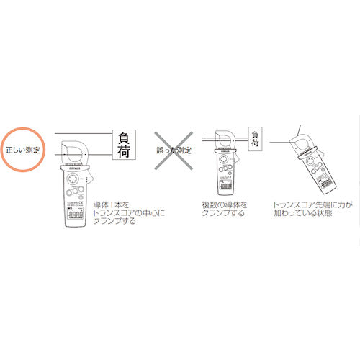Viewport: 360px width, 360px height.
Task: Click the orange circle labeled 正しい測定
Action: coord(23,150)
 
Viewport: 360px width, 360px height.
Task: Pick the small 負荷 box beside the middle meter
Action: coord(255,139)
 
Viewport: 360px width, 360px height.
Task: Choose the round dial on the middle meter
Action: coord(225,168)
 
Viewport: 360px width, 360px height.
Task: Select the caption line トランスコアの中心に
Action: coord(130,213)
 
